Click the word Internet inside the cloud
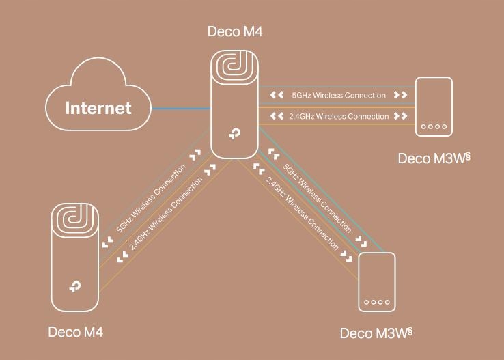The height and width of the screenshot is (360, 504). point(98,108)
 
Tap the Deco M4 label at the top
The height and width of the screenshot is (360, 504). point(234,31)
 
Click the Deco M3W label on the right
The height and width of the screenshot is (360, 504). point(434,158)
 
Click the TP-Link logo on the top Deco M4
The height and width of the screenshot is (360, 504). point(234,134)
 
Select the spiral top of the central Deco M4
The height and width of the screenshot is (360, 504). point(234,74)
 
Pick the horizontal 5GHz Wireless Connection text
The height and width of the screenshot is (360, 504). point(338,96)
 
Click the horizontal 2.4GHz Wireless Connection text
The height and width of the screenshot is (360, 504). point(339,117)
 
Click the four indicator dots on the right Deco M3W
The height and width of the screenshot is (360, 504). point(434,127)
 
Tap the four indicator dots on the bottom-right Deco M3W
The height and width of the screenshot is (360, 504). point(376,302)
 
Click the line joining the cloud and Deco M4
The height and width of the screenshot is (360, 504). point(180,108)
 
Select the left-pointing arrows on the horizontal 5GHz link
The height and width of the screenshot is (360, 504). point(277,96)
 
